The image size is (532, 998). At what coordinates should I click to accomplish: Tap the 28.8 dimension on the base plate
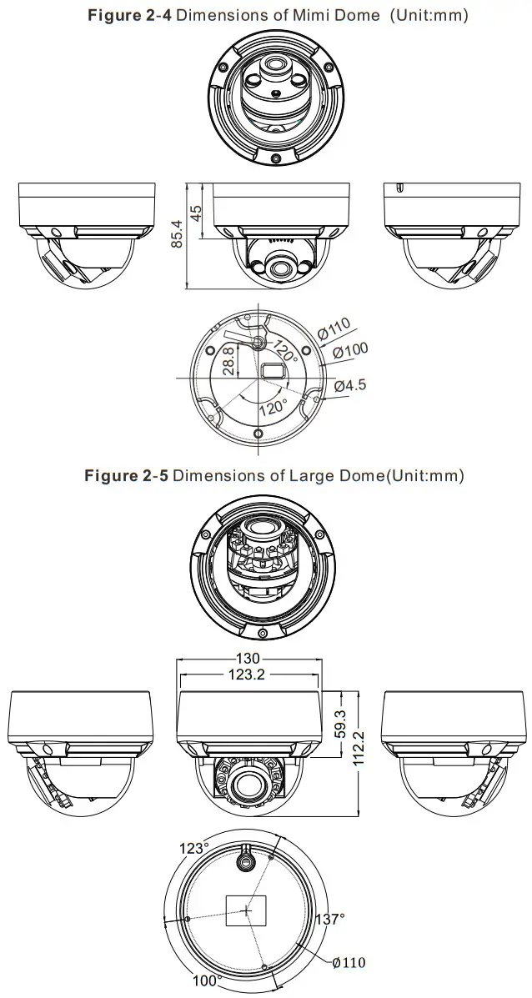[x=228, y=362]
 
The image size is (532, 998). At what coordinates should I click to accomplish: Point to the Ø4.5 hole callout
[x=349, y=385]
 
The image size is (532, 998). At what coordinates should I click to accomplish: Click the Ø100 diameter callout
[x=350, y=352]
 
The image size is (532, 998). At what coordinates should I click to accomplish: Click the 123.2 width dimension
[x=247, y=675]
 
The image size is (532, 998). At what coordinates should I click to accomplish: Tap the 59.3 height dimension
[x=340, y=724]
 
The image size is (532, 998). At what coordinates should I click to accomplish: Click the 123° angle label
[x=193, y=848]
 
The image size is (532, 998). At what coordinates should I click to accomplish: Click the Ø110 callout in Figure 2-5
[x=348, y=962]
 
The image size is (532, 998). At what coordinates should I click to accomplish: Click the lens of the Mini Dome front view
[x=277, y=268]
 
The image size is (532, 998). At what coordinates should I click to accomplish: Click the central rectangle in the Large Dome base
[x=247, y=910]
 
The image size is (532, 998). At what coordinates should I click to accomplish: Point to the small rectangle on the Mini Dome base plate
[x=273, y=369]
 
